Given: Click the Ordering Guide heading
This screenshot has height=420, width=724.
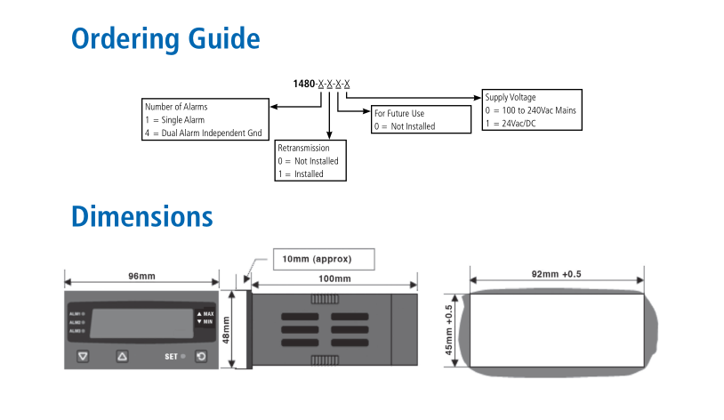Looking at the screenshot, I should [165, 40].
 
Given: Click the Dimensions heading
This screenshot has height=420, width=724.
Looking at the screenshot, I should [142, 216].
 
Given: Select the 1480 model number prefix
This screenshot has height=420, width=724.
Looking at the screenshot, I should [304, 84].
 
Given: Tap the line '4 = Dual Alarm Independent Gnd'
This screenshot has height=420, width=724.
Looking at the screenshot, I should [203, 133].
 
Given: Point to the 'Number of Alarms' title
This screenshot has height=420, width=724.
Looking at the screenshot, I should [176, 107].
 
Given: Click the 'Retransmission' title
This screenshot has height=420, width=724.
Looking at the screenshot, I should [303, 148].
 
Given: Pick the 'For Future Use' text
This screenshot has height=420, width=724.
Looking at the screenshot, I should [398, 114].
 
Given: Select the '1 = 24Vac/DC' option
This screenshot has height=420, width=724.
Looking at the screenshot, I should [511, 124].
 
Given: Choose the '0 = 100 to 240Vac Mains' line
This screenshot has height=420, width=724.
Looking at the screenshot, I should [530, 110].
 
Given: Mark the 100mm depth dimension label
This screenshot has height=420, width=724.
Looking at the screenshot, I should [334, 279].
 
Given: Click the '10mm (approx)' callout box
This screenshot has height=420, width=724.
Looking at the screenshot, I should [322, 259].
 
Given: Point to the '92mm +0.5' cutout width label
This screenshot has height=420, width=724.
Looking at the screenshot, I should [556, 274].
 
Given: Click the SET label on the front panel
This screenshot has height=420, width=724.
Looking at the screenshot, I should [171, 357].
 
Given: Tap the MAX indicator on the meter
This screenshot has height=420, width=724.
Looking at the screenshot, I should [206, 314].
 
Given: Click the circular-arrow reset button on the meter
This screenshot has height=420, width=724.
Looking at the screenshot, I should [201, 357].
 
